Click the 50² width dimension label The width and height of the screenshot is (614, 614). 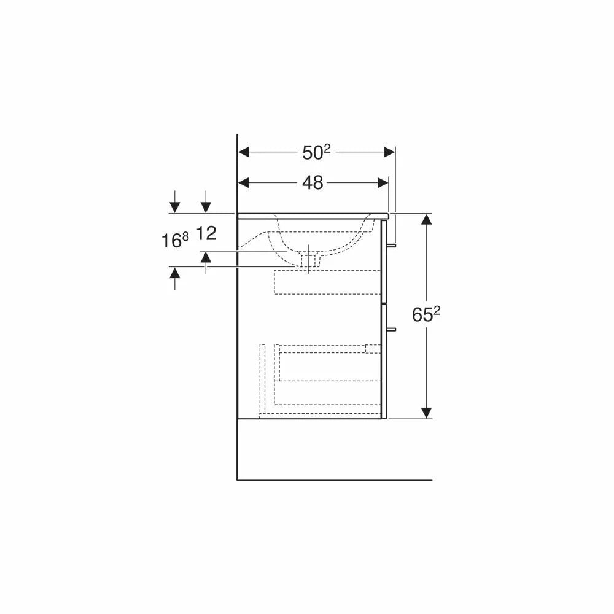[316, 152]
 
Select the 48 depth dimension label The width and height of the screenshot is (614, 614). [313, 182]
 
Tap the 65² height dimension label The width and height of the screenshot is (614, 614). [426, 314]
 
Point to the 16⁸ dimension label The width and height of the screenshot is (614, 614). [175, 240]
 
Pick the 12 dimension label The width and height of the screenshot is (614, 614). [206, 233]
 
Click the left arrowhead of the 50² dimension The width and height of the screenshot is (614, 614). [244, 152]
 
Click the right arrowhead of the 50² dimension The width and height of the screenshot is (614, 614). [390, 152]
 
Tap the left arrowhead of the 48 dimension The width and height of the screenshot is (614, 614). [244, 182]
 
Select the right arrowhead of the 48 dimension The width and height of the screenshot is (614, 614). [383, 182]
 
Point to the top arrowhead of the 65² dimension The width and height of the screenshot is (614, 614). [426, 219]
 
